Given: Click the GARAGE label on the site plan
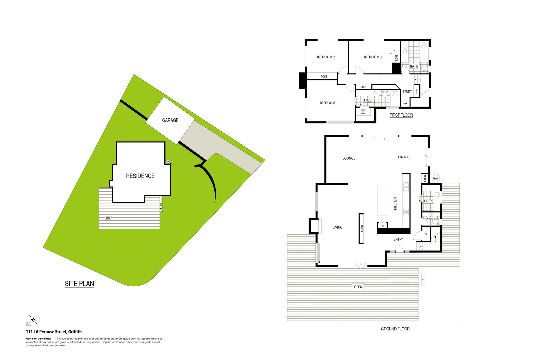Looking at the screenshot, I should (170, 120).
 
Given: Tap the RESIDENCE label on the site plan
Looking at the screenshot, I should (140, 176).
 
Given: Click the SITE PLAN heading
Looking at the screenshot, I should (79, 284).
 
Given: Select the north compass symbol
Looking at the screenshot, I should (33, 320).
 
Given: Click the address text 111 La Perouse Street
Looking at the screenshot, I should (54, 332).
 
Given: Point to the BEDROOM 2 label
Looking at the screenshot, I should (326, 57).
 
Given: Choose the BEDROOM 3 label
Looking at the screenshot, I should (372, 57).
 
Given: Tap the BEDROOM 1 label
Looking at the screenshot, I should (328, 103).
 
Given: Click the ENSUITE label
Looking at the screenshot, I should (369, 100).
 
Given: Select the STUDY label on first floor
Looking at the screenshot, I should (407, 92).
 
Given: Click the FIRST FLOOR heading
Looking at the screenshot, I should (401, 115).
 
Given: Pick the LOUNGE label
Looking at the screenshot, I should (349, 158).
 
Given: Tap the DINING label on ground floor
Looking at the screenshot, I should (403, 157).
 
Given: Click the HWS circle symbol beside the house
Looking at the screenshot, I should (436, 178).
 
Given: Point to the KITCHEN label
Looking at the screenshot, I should (395, 203).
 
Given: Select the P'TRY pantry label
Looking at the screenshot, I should (382, 226).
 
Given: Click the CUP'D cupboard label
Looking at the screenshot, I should (362, 228).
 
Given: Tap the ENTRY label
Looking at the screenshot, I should (398, 239).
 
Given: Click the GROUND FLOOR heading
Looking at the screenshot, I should (395, 329).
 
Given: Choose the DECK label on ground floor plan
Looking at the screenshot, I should (358, 287).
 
